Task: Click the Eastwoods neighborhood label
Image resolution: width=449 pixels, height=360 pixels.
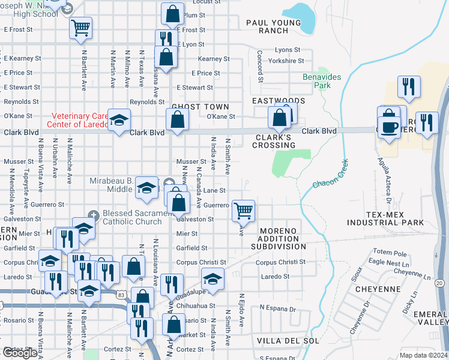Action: pyautogui.click(x=279, y=101)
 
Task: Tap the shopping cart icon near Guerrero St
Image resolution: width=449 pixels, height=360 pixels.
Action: pyautogui.click(x=243, y=211)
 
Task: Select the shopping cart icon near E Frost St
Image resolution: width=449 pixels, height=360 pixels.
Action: pyautogui.click(x=80, y=27)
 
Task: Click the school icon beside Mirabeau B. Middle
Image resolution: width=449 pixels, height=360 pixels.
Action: pyautogui.click(x=145, y=187)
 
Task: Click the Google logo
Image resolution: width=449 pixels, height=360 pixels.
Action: pyautogui.click(x=20, y=353)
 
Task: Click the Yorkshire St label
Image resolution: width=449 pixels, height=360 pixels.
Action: pyautogui.click(x=286, y=61)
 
